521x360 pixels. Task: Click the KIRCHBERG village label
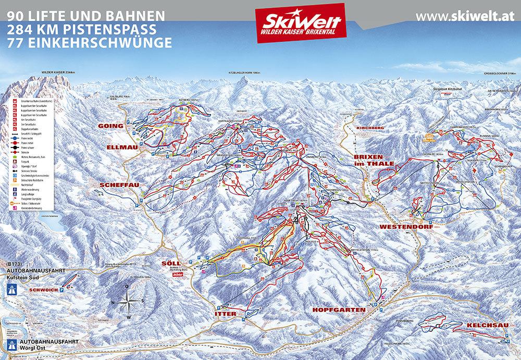(x=369, y=128)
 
